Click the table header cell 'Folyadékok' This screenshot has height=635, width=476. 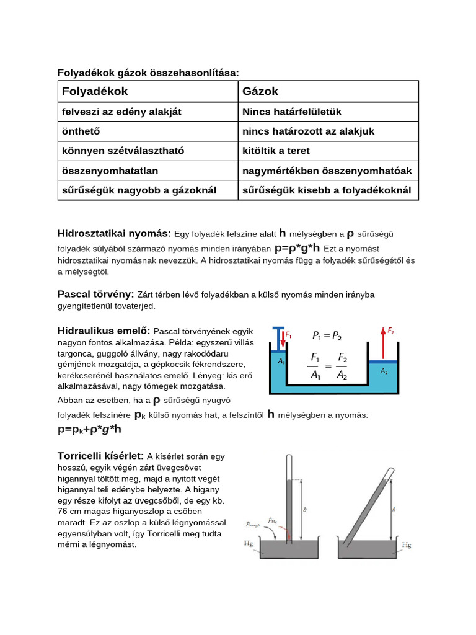pyautogui.click(x=95, y=91)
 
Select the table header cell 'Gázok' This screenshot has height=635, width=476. pyautogui.click(x=260, y=91)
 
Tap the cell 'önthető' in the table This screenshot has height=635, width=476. pyautogui.click(x=81, y=131)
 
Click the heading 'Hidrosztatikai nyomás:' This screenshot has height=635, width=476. pyautogui.click(x=114, y=233)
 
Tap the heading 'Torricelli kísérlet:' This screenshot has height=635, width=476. pyautogui.click(x=101, y=456)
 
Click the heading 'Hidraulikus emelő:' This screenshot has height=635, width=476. pyautogui.click(x=104, y=331)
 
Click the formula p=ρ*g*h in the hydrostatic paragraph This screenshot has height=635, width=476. pyautogui.click(x=297, y=248)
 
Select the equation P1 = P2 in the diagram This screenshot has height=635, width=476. pyautogui.click(x=327, y=336)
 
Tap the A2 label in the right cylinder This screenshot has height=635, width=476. pyautogui.click(x=384, y=371)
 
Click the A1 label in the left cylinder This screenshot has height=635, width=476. pyautogui.click(x=281, y=360)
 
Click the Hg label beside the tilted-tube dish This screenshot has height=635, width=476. pyautogui.click(x=407, y=545)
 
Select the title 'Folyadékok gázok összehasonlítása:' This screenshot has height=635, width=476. pyautogui.click(x=148, y=73)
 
